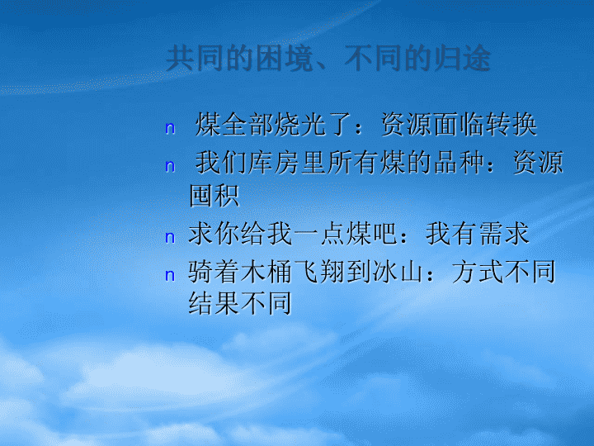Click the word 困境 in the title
pos(284,59)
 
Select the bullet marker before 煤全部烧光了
pos(170,129)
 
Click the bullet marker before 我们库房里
pos(170,166)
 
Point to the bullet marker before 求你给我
pos(170,237)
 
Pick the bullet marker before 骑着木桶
pos(170,275)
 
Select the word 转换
pos(511,125)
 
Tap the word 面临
pos(459,125)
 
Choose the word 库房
pos(274,163)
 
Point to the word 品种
pos(460,163)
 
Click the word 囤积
pos(214,195)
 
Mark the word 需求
pos(504,233)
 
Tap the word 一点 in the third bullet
pos(319,233)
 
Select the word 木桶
pos(266,272)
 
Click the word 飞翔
pos(318,272)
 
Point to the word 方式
pos(478,272)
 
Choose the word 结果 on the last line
pos(214,303)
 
